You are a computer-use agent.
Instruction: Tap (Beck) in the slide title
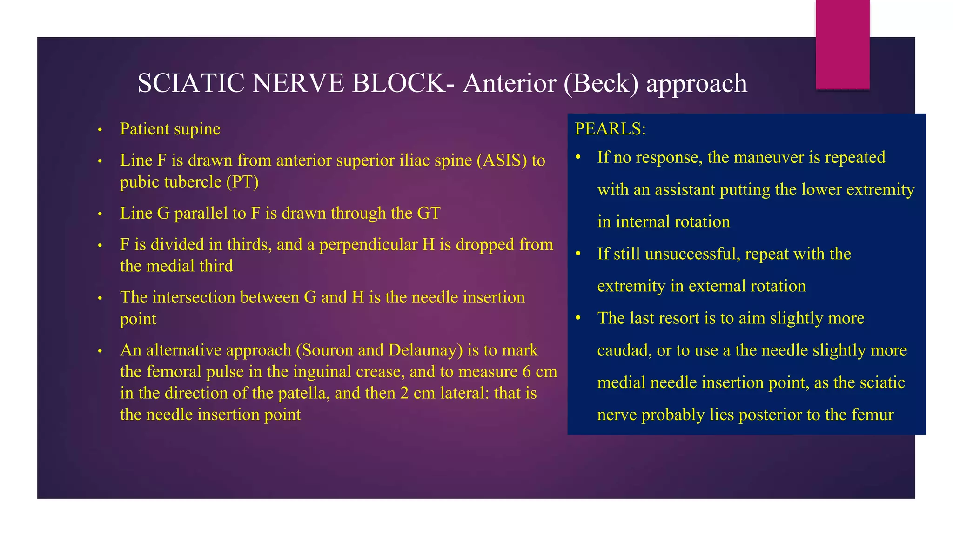tap(601, 84)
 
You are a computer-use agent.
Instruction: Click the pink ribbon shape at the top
tap(842, 44)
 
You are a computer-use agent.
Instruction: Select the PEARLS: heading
tap(610, 129)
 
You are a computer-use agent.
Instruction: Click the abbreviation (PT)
tap(242, 182)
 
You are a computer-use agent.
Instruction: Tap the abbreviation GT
tap(429, 214)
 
